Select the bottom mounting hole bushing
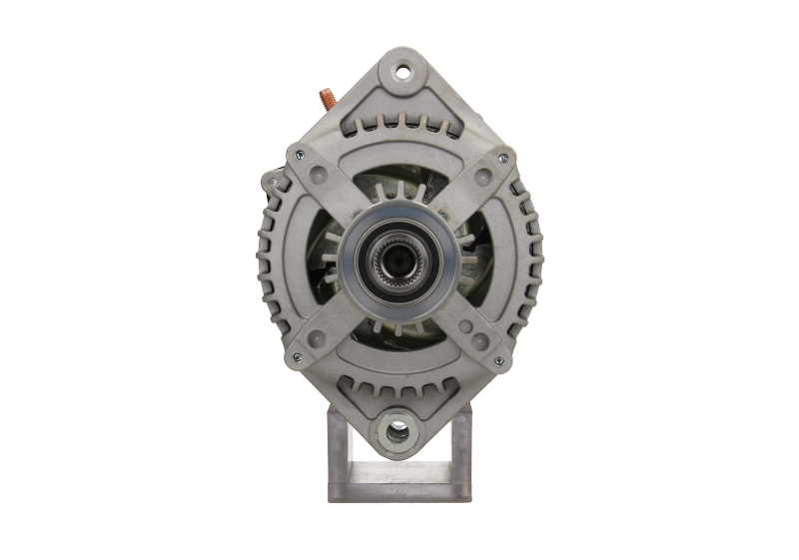[x=397, y=433]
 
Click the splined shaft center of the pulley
[x=397, y=263]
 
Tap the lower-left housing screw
[x=298, y=358]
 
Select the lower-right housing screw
[x=497, y=359]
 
